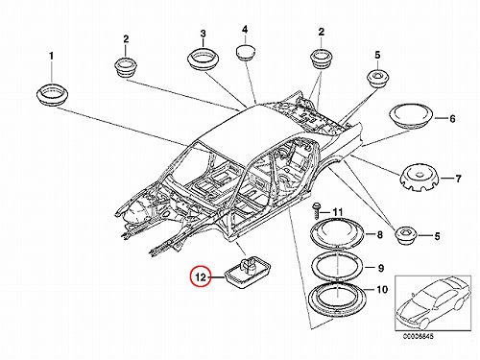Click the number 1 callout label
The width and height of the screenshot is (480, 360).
[x=51, y=56]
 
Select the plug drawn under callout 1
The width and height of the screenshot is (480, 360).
[x=52, y=94]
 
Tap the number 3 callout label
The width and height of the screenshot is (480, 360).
[x=203, y=34]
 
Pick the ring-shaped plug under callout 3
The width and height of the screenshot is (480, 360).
[x=204, y=59]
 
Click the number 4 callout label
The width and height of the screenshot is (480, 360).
[x=245, y=30]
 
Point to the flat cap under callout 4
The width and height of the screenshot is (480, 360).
[x=246, y=53]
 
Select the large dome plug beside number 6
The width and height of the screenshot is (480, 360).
[x=411, y=116]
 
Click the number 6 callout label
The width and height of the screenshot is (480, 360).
[x=452, y=119]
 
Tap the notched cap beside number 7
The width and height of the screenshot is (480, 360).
[x=420, y=179]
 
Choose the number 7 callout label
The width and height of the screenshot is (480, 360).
[x=458, y=179]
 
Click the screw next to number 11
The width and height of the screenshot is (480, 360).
[x=316, y=210]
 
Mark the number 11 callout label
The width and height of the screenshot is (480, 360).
[x=338, y=212]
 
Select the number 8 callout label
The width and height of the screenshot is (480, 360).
[x=379, y=235]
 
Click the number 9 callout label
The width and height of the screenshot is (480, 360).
[x=380, y=268]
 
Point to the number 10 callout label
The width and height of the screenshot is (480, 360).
[x=382, y=290]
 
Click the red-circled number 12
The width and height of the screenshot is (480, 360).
[x=201, y=276]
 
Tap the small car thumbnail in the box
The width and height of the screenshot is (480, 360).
[x=433, y=303]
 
